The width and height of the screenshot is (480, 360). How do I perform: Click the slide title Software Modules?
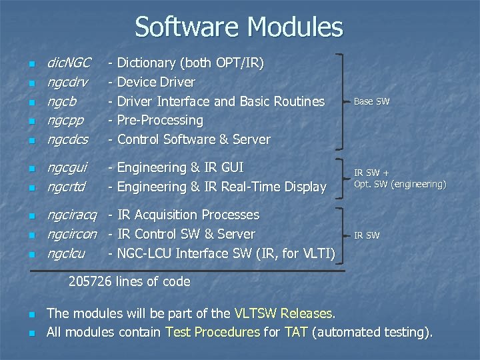tap(239, 27)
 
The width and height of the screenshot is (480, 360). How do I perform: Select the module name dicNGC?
tap(68, 63)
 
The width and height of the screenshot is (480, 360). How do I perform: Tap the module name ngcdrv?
tap(67, 83)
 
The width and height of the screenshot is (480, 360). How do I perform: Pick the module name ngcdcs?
tap(67, 140)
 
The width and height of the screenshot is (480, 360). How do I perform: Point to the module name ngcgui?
tap(67, 168)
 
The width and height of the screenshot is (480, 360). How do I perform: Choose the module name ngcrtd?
tap(65, 187)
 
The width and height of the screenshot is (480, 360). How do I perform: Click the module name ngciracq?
tap(71, 215)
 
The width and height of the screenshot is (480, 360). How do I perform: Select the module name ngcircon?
tap(71, 235)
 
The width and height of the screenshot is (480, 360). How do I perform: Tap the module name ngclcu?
tap(65, 254)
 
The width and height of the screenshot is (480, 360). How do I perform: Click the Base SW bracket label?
tap(371, 102)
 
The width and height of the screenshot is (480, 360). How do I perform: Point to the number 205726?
tap(91, 282)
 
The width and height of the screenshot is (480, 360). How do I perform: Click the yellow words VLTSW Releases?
tap(285, 313)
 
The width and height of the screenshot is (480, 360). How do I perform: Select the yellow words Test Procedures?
tap(213, 332)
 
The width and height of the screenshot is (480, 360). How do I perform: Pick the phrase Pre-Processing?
tap(160, 121)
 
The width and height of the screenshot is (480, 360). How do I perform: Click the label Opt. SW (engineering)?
tap(400, 184)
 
